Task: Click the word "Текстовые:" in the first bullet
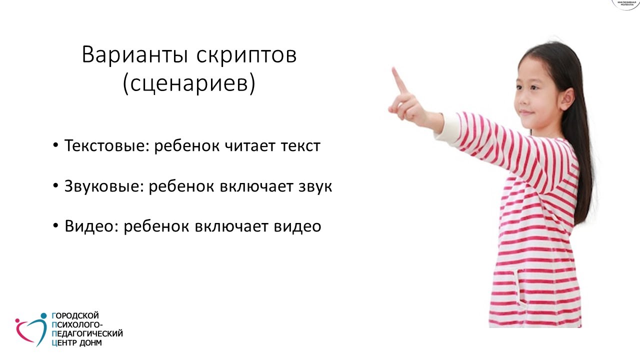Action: coord(107,146)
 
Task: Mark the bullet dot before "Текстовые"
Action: coord(55,145)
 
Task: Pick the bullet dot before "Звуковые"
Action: coord(55,185)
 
